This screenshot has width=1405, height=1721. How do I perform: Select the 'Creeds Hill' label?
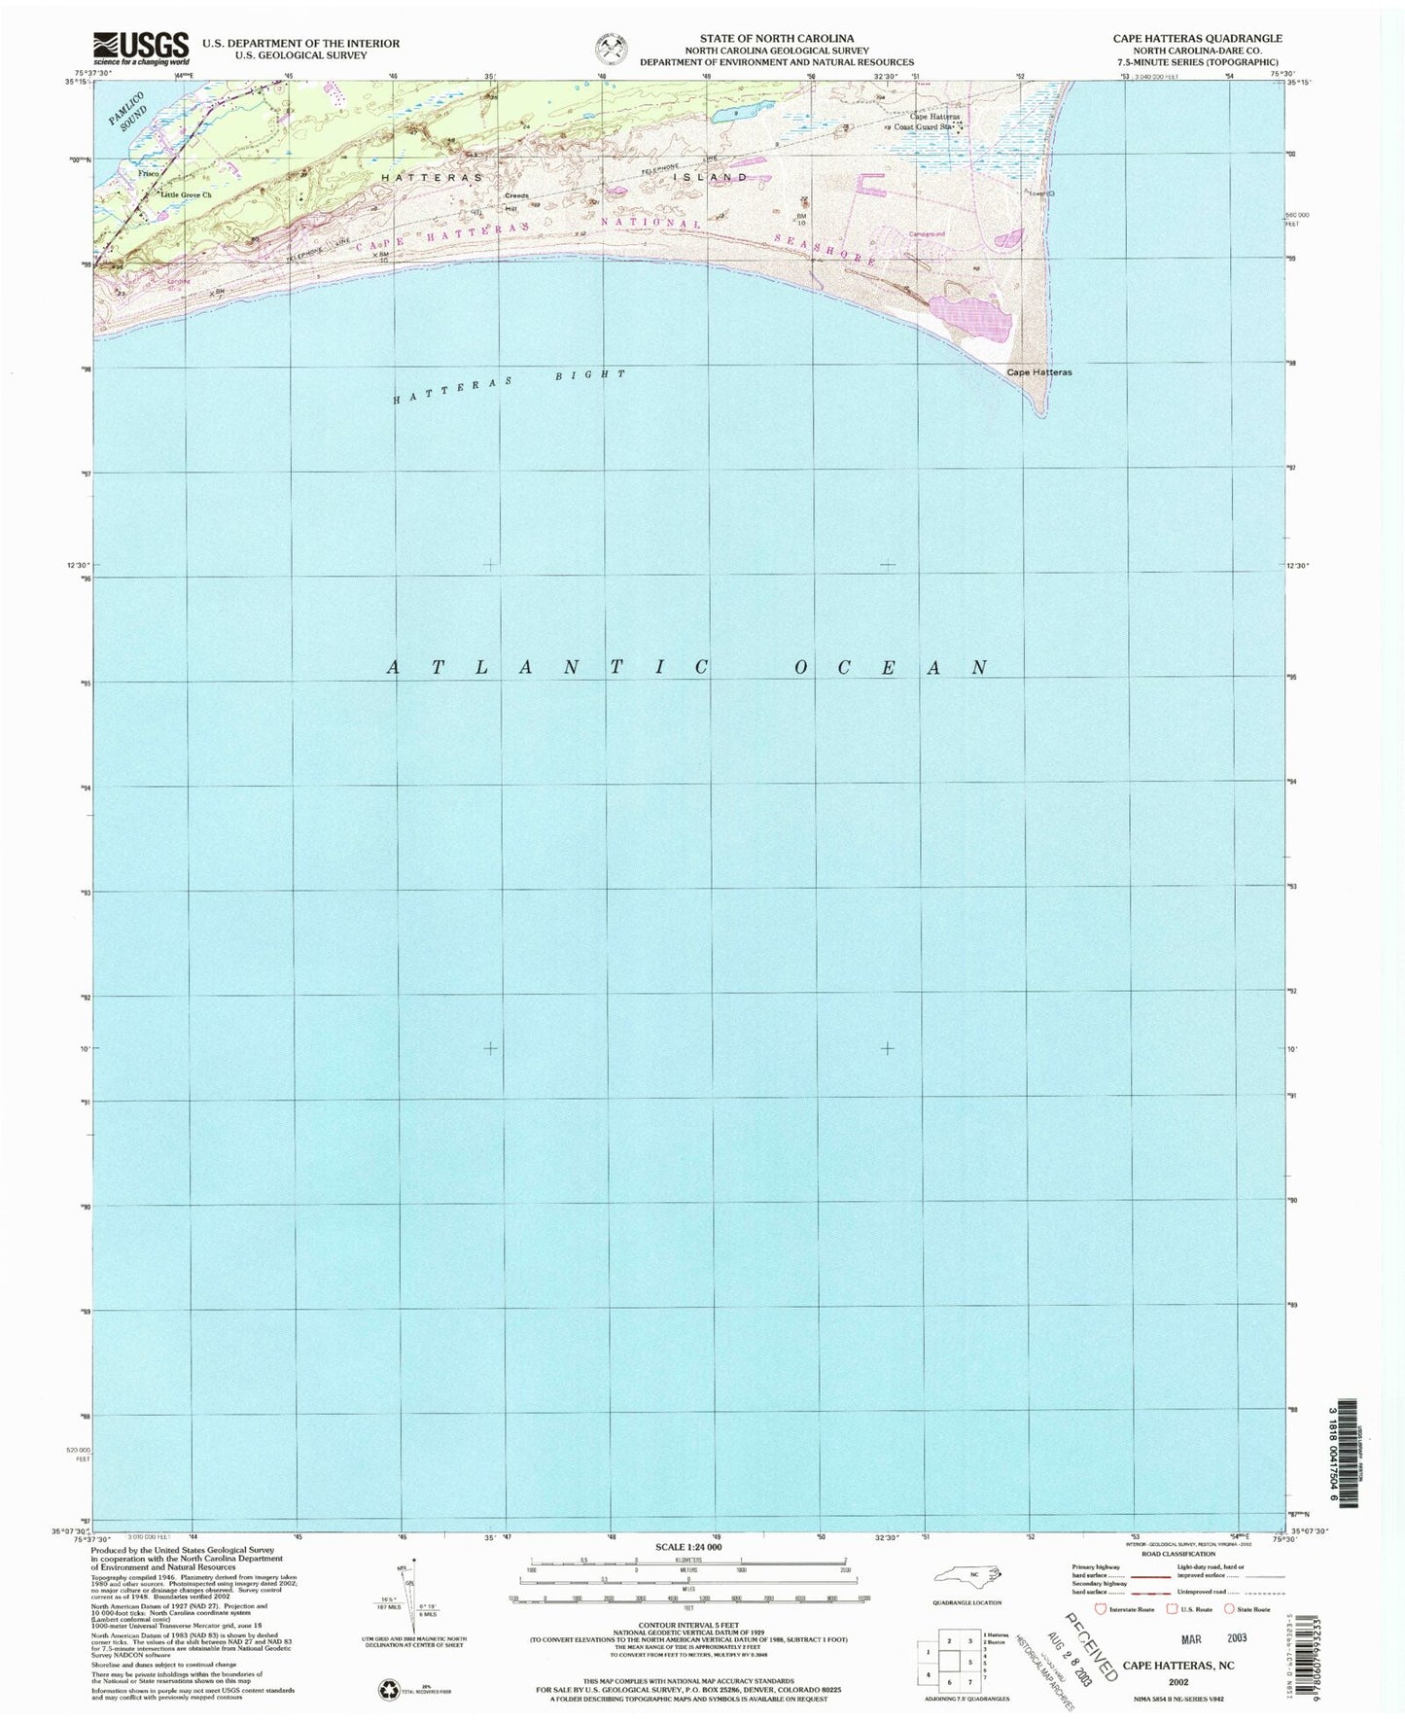516,201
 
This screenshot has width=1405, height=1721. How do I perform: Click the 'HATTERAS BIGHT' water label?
508,386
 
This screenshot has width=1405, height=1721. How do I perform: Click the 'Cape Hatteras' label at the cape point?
1038,372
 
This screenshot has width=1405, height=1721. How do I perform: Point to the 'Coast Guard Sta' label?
921,126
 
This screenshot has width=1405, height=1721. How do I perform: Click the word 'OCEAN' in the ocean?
891,668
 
